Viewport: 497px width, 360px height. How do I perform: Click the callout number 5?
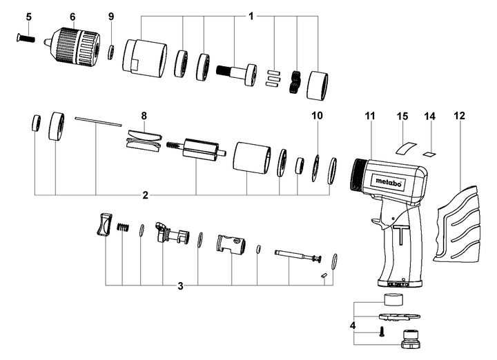pyautogui.click(x=28, y=16)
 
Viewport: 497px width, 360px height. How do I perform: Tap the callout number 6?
pyautogui.click(x=72, y=16)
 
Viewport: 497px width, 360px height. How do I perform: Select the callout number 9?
pyautogui.click(x=111, y=16)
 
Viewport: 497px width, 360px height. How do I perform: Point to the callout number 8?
pyautogui.click(x=144, y=114)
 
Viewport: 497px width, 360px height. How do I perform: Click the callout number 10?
pyautogui.click(x=317, y=115)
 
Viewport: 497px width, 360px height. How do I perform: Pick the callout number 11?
pyautogui.click(x=369, y=115)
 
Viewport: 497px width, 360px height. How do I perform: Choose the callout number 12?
pyautogui.click(x=459, y=115)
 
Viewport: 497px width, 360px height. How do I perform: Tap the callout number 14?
pyautogui.click(x=431, y=118)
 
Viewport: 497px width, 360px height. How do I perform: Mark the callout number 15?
pyautogui.click(x=403, y=118)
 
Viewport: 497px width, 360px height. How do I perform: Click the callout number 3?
pyautogui.click(x=180, y=286)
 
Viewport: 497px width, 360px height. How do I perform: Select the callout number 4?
pyautogui.click(x=352, y=323)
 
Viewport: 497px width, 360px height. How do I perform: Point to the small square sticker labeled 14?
pyautogui.click(x=431, y=153)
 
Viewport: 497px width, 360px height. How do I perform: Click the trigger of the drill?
pyautogui.click(x=376, y=221)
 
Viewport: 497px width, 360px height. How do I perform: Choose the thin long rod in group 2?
pyautogui.click(x=97, y=121)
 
